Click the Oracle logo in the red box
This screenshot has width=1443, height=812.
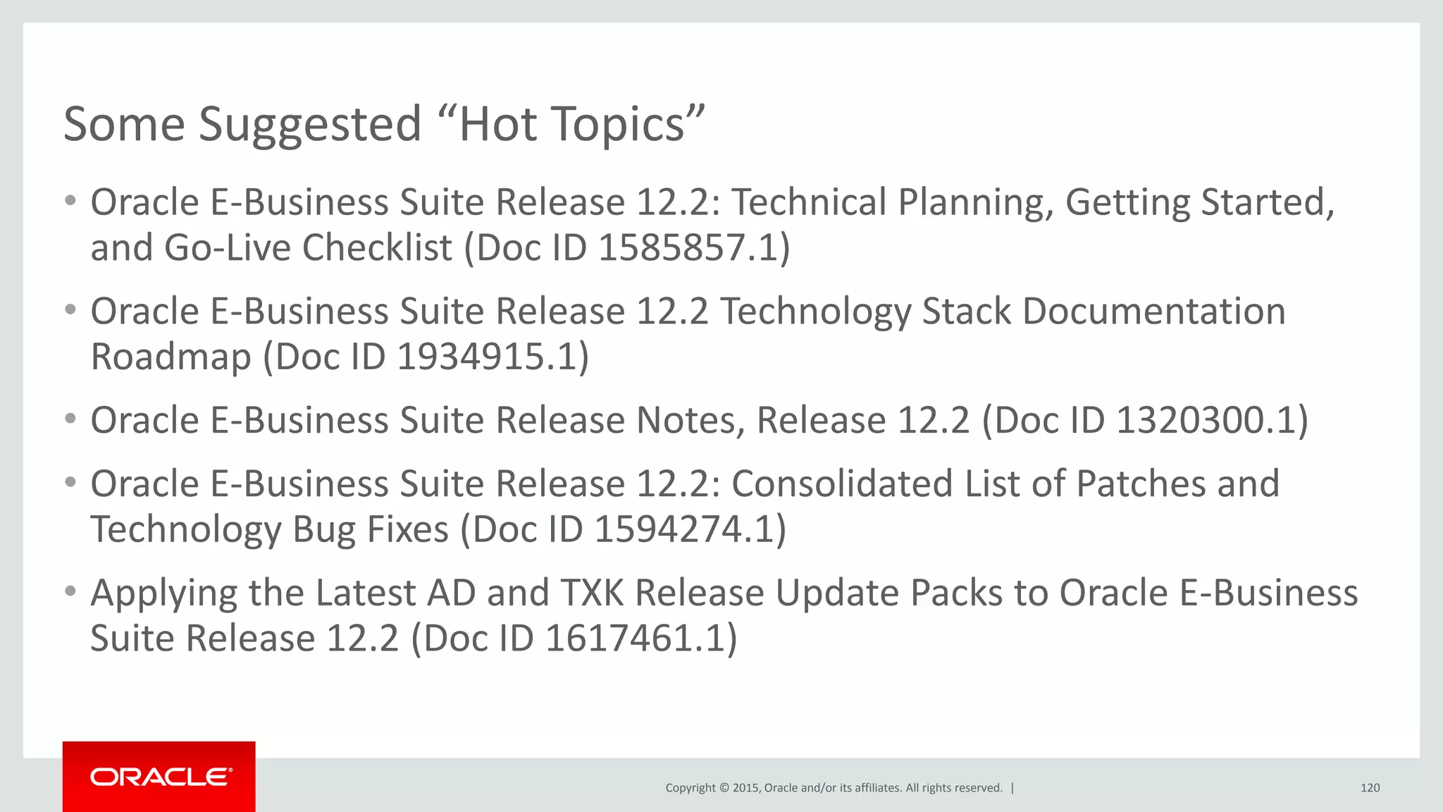coord(161,777)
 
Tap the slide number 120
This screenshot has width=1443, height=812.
coord(1370,788)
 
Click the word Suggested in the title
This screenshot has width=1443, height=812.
coord(310,125)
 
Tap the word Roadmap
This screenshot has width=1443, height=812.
coord(171,357)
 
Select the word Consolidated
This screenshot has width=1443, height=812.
coord(842,484)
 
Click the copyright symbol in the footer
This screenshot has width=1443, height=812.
coord(724,788)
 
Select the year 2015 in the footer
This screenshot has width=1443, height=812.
coord(745,788)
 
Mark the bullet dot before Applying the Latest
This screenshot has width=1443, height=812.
coord(70,591)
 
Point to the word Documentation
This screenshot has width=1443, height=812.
coord(1153,312)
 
